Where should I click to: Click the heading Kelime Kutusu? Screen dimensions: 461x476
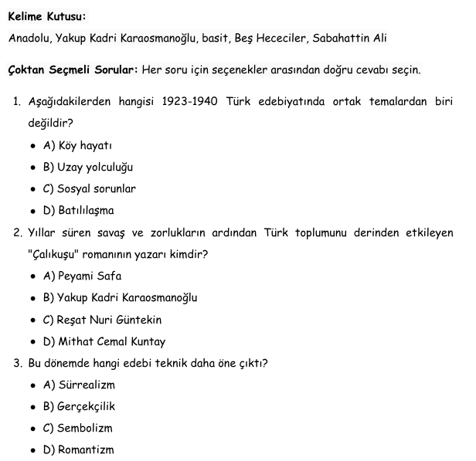47,15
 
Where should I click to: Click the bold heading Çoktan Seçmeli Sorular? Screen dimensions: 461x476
73,70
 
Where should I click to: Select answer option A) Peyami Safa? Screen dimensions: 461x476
83,276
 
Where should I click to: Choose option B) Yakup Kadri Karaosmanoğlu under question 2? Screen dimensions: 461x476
121,297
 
